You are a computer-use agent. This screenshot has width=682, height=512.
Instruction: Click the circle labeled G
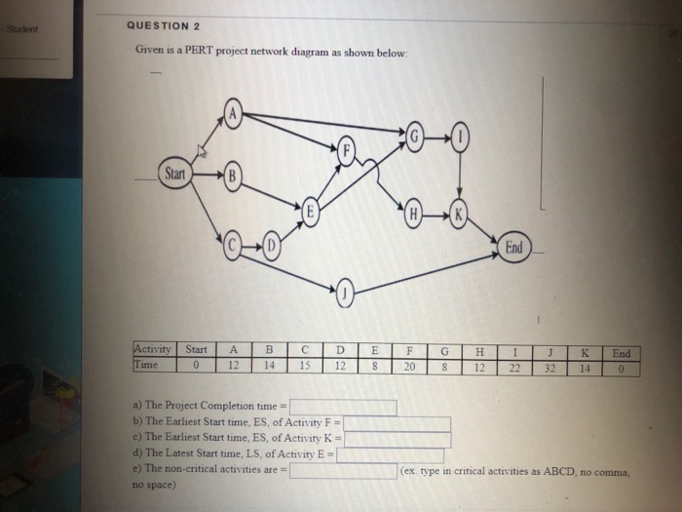tap(418, 136)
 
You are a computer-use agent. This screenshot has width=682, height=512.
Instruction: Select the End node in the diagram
tap(513, 248)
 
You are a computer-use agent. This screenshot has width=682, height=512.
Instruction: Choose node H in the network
tap(415, 214)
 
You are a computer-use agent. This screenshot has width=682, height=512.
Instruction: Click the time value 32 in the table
tap(551, 369)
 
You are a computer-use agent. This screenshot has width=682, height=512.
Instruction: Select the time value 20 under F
tap(409, 368)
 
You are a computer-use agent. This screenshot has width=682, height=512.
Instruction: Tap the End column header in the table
tap(621, 354)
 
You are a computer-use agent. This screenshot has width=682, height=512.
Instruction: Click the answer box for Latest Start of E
tap(390, 455)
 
